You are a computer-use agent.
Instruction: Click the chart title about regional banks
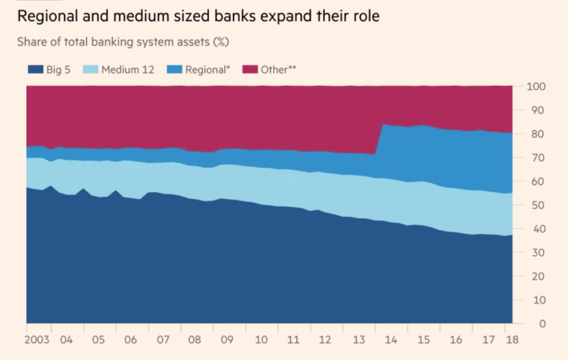(198, 16)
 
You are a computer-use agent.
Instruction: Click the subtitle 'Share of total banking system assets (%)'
(123, 42)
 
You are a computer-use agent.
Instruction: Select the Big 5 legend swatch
(35, 70)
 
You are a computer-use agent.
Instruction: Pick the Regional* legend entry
(207, 70)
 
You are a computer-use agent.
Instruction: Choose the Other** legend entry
(278, 70)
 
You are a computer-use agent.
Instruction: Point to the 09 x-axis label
(227, 340)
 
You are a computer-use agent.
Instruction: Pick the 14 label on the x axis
(390, 340)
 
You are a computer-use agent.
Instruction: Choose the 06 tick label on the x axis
(131, 340)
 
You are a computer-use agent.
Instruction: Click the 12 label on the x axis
(325, 340)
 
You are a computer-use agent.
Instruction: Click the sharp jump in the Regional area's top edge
(379, 139)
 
